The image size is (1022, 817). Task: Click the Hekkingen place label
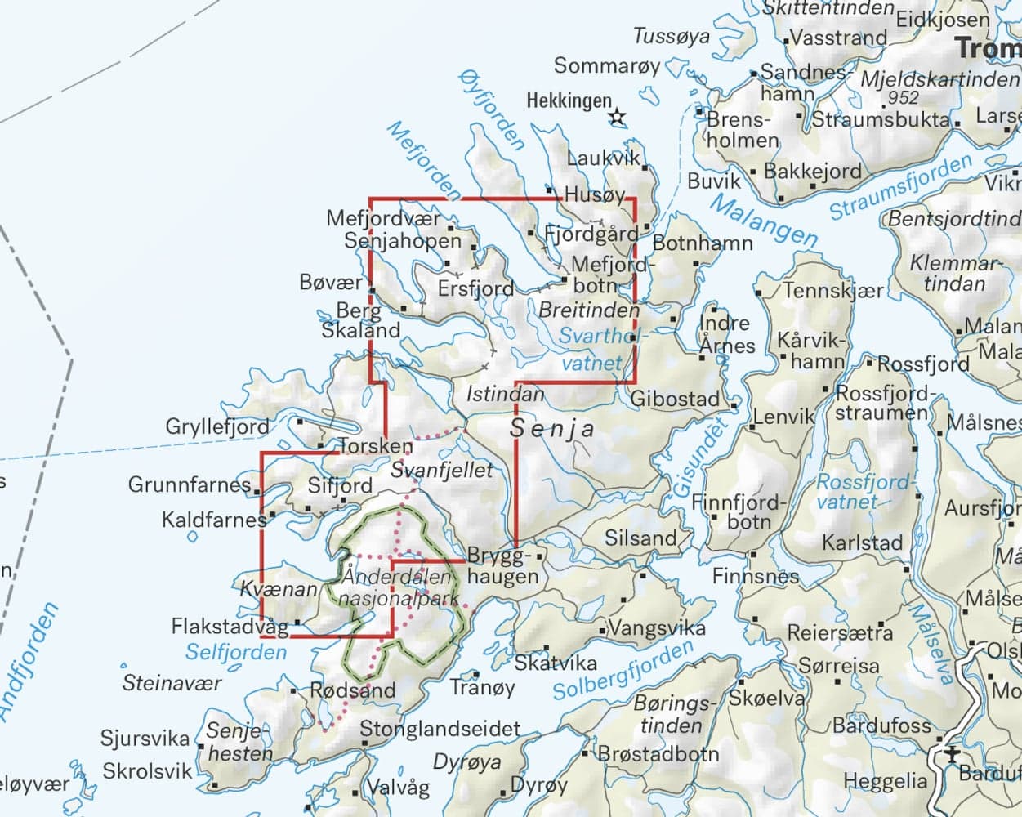[x=569, y=101]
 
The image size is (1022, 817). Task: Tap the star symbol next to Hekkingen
[x=617, y=118]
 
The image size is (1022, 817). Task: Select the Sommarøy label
[x=606, y=66]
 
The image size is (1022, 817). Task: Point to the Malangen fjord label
[x=763, y=220]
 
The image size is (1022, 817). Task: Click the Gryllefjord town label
[x=216, y=426]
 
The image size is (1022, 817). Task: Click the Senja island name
[x=552, y=427]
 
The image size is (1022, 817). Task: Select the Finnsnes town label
[x=756, y=576]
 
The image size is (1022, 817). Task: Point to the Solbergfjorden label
[x=623, y=672]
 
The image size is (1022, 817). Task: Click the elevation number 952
[x=904, y=97]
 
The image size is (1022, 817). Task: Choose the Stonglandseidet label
[x=440, y=729]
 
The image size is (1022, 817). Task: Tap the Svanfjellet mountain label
[x=442, y=471]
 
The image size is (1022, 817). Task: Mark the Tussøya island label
[x=672, y=37]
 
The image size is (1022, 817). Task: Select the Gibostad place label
[x=676, y=399]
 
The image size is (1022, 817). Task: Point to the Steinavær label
[x=172, y=682]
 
